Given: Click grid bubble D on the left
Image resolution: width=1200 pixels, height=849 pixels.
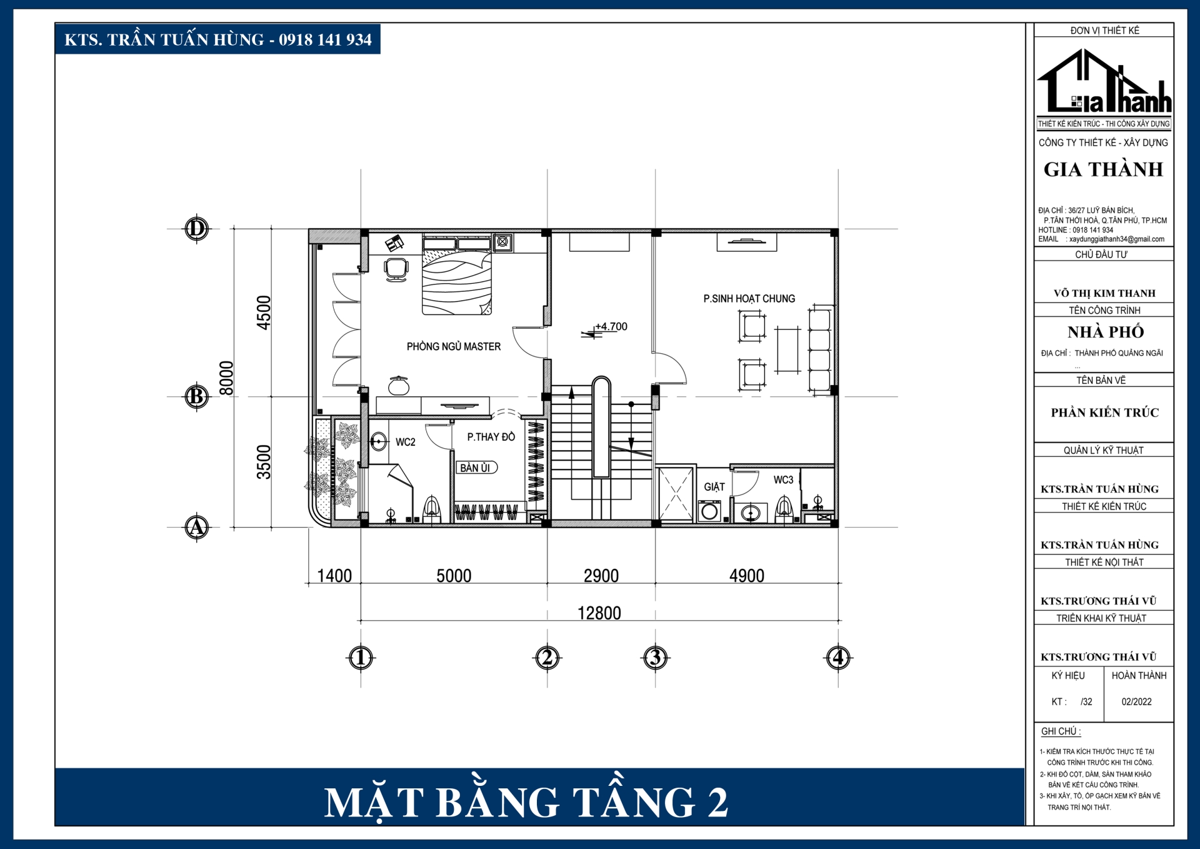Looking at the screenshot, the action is point(196,229).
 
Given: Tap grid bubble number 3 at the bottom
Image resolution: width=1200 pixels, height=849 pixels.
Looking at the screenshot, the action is point(655,657).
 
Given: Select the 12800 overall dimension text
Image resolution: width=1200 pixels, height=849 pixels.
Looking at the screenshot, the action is point(599,613).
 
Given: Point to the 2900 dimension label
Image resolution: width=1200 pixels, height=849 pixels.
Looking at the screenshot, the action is point(601,575).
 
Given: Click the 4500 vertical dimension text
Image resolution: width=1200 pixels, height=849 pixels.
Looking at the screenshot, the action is point(264,313).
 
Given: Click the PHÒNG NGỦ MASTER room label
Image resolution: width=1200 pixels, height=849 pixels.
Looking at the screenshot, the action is point(454,346).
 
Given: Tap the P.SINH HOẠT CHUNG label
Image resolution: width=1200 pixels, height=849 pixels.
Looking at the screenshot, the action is point(749,299).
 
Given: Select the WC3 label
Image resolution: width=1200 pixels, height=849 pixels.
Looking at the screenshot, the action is point(783,480).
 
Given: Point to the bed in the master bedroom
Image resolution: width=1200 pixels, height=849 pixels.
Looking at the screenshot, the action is point(456,275).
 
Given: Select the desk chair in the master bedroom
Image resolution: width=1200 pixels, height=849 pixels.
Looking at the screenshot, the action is point(396,269).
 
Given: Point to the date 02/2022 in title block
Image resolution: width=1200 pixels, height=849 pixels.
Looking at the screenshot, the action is point(1136,701).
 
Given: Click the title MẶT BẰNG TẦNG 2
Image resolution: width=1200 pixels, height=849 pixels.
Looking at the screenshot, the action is point(526,802).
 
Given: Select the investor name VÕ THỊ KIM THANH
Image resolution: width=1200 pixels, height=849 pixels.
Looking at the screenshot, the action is point(1104,293).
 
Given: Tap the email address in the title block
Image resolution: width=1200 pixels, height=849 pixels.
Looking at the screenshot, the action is point(1116,239).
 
